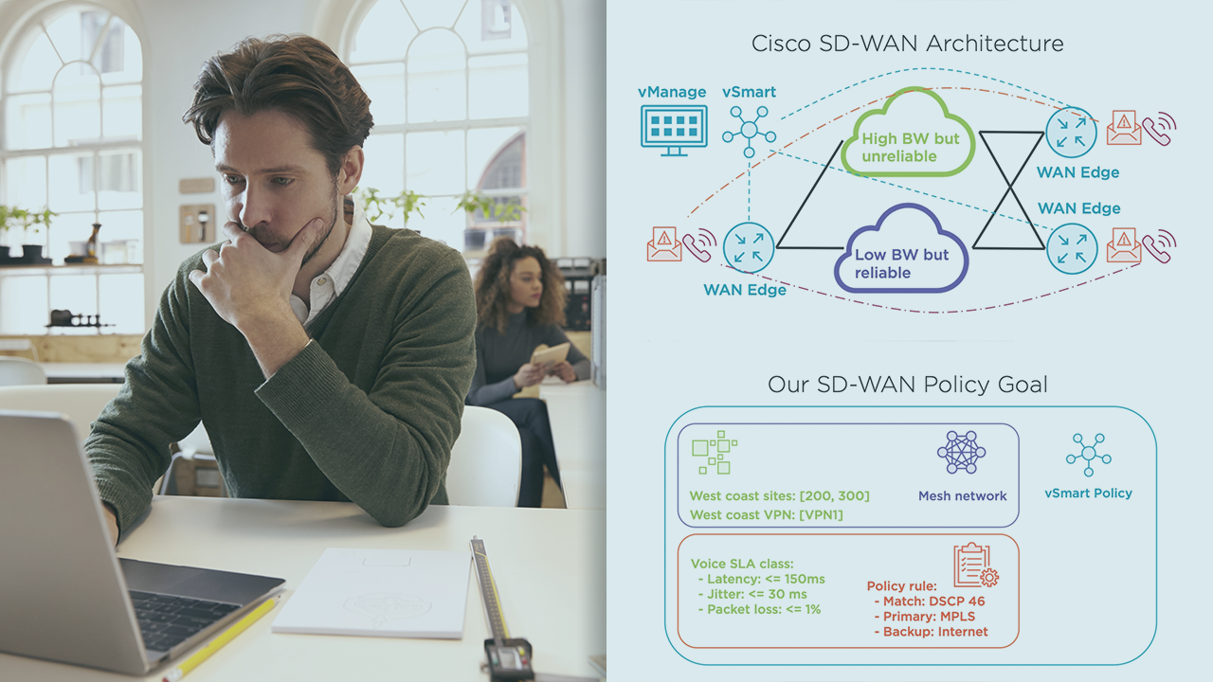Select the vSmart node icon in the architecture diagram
tap(749, 132)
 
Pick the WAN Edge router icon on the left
tap(749, 247)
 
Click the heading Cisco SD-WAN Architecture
tap(907, 44)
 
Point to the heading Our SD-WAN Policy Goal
tap(907, 385)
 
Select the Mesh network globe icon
tap(961, 453)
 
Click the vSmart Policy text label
tap(1088, 494)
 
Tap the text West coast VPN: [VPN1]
tap(766, 514)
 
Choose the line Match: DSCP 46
tap(929, 601)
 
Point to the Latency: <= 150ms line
tap(761, 579)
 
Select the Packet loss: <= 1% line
tap(764, 609)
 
